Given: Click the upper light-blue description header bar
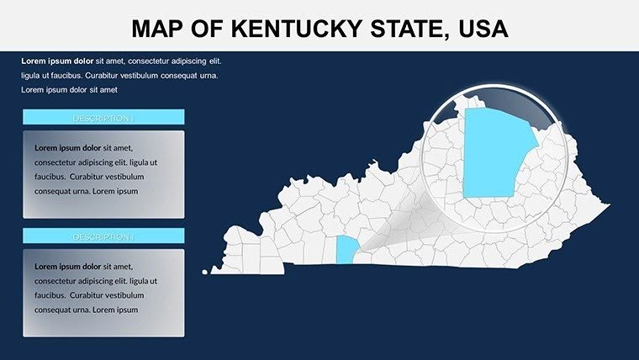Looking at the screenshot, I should pos(103,118).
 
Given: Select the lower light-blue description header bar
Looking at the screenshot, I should pos(103,236).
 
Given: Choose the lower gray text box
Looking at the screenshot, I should pos(103,292).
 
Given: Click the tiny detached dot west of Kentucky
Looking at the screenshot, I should pos(204,271).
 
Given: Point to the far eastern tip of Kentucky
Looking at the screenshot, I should pos(607,205).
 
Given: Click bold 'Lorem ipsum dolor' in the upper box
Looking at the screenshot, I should pos(67,147).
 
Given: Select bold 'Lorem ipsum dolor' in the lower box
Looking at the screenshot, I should pos(67,266).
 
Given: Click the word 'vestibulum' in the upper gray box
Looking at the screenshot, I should pos(124,177).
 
